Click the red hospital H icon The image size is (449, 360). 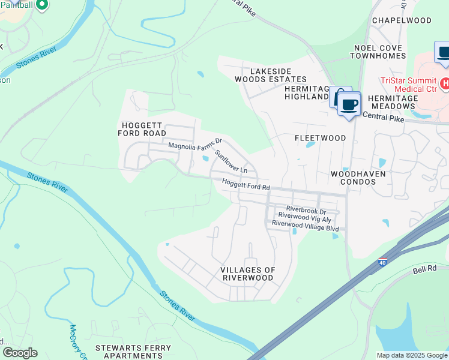[x=444, y=83]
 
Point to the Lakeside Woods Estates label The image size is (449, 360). [x=279, y=75]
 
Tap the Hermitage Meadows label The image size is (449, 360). [x=392, y=102]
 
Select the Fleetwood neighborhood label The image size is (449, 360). [x=320, y=138]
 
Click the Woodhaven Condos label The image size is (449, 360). [x=357, y=178]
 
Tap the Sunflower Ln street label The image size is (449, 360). [x=232, y=162]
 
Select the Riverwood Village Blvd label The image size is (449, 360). [x=305, y=227]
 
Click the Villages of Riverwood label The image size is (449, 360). [x=248, y=274]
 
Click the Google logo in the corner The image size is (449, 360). [x=20, y=353]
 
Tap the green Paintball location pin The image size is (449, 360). [x=41, y=5]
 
